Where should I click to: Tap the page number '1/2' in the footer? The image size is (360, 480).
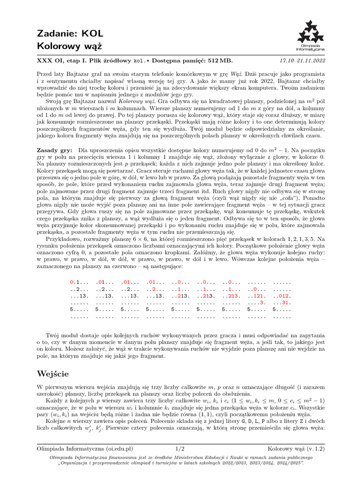coord(180,449)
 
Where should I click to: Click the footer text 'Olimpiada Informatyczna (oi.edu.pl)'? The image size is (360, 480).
coord(84,449)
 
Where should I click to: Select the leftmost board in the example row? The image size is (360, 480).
coord(79,300)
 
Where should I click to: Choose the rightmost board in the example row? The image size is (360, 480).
coord(282,300)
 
